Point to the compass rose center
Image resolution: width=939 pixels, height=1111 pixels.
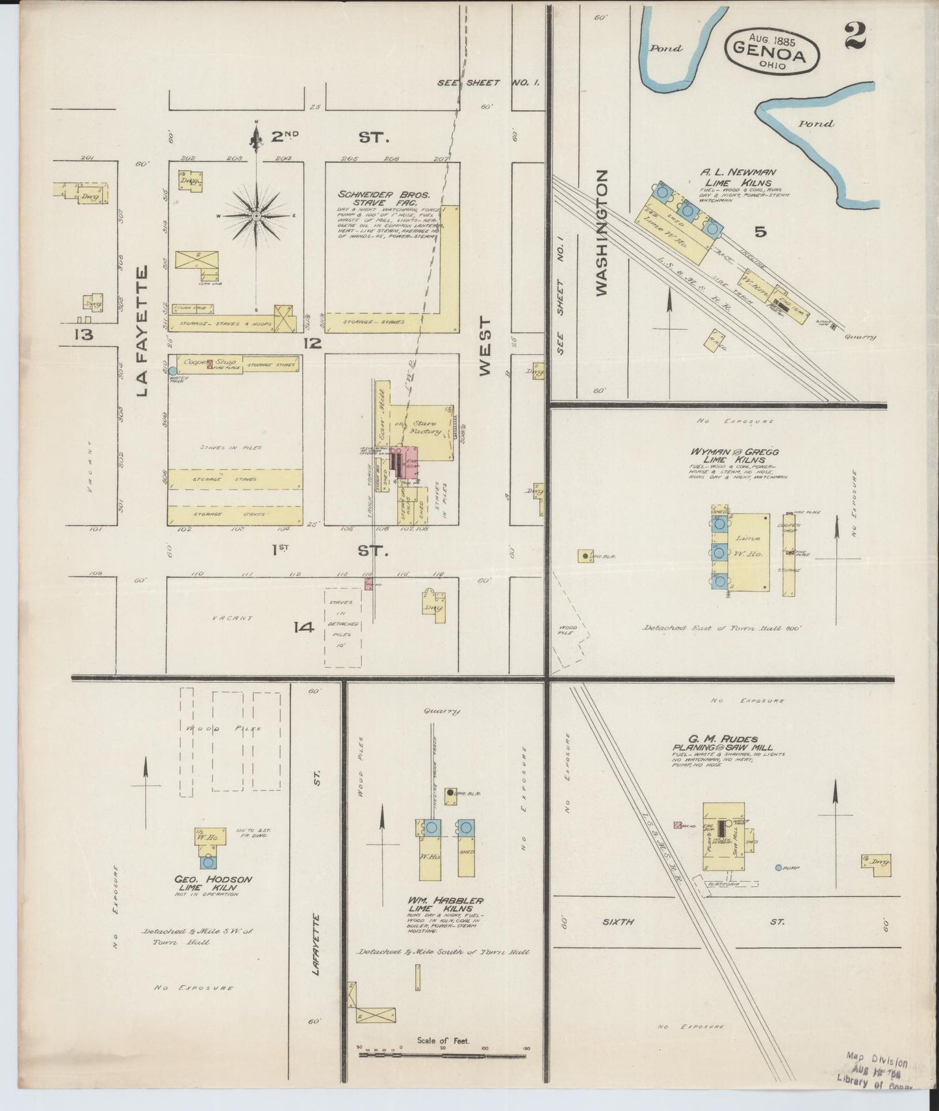(x=257, y=215)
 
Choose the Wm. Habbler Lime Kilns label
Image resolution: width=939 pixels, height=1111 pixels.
(x=445, y=904)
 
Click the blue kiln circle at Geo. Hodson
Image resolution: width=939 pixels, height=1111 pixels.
(x=208, y=862)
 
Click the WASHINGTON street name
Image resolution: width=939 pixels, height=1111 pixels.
(x=602, y=233)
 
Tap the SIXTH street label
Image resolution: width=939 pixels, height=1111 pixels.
(x=618, y=921)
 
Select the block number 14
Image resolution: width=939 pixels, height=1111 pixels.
(x=303, y=627)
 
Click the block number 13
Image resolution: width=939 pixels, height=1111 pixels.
(x=84, y=335)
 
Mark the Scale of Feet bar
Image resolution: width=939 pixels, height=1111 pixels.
(x=444, y=1054)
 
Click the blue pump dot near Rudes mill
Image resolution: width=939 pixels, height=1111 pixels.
(x=778, y=867)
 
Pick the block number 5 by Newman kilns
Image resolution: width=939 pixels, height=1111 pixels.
(x=760, y=231)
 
